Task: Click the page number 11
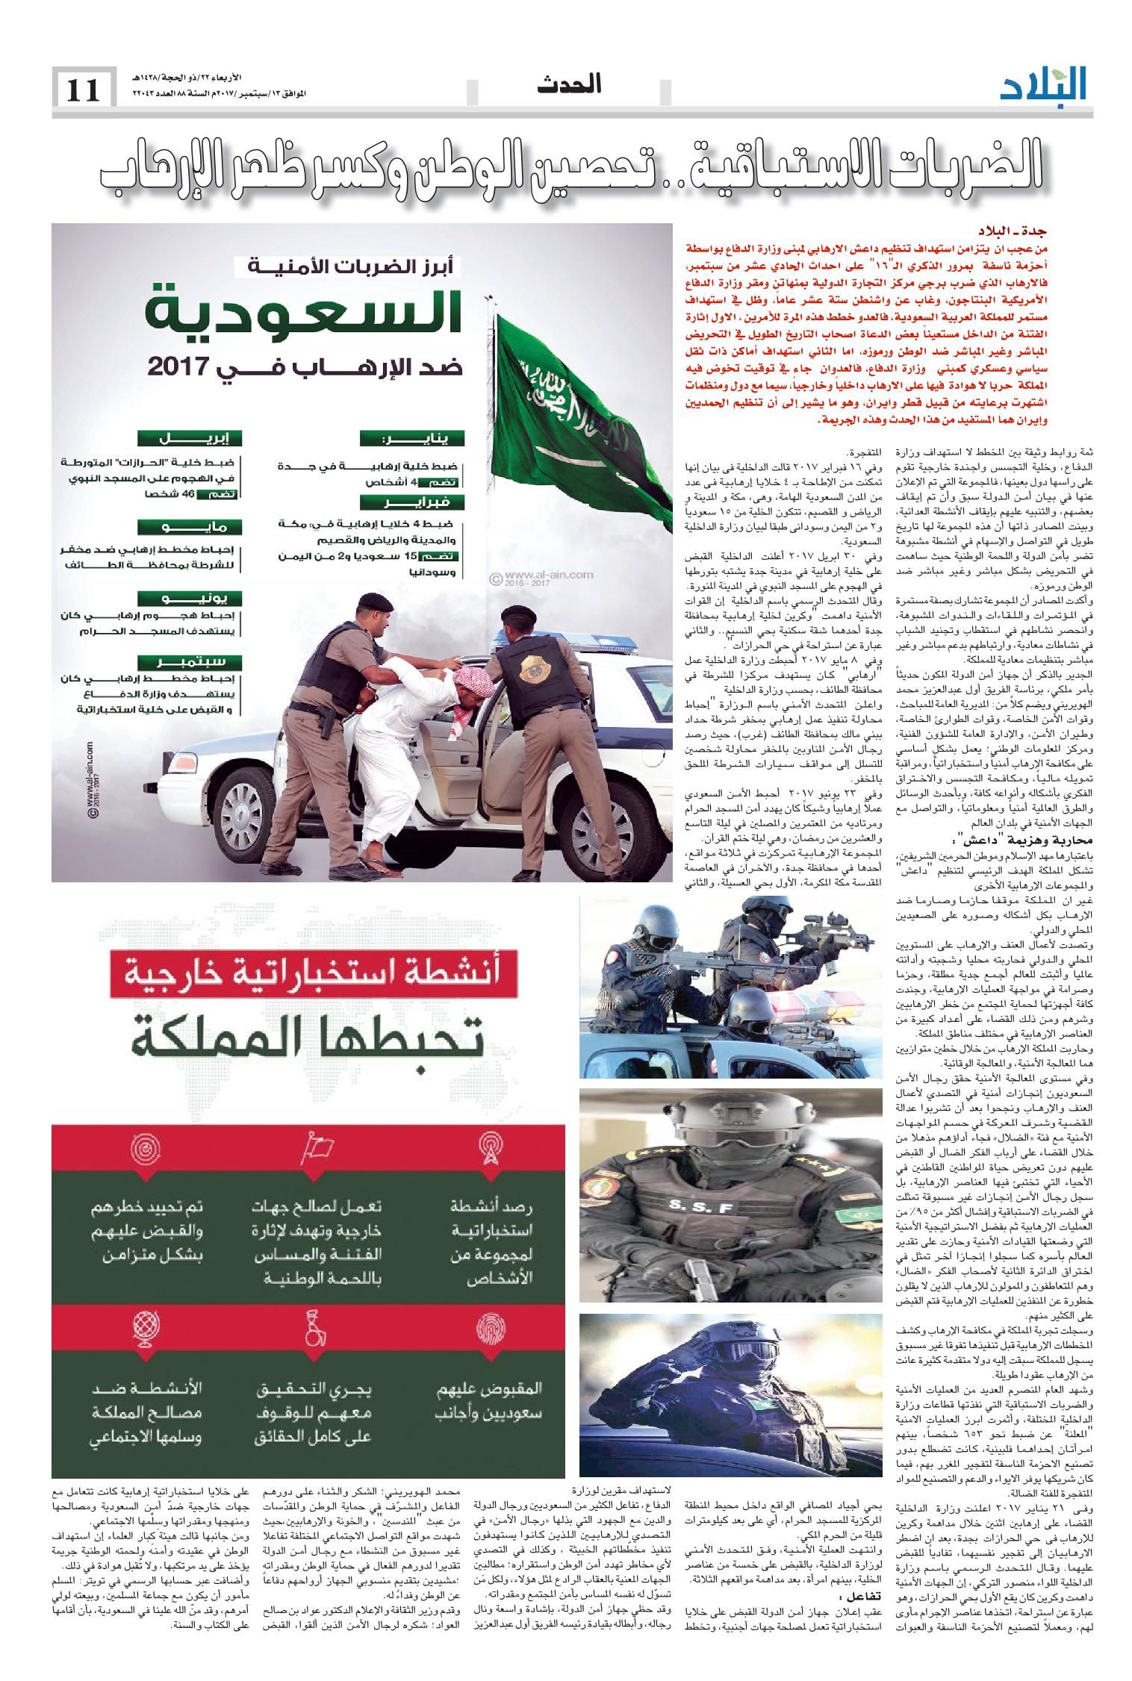click(x=84, y=90)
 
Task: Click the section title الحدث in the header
click(x=569, y=84)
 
